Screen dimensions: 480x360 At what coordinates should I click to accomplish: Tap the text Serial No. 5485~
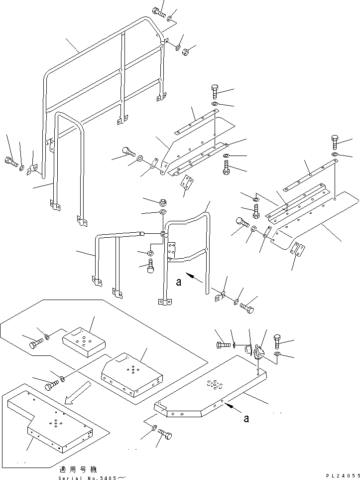click(92, 477)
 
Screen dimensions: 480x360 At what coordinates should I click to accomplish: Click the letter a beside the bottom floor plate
click(246, 419)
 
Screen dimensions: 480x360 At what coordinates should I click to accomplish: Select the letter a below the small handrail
click(179, 282)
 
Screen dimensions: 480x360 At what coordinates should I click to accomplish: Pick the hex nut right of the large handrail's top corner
click(183, 50)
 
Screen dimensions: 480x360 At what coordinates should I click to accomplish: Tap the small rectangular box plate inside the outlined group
click(84, 343)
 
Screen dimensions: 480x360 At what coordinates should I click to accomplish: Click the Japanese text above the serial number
click(78, 470)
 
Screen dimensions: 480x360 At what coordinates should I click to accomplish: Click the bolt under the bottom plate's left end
click(165, 437)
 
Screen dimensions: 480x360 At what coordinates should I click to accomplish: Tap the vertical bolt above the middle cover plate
click(215, 90)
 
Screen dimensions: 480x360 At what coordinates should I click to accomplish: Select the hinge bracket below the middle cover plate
click(186, 183)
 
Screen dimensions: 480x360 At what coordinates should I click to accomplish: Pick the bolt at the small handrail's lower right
click(246, 309)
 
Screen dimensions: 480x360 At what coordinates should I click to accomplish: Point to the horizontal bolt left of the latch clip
click(223, 344)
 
